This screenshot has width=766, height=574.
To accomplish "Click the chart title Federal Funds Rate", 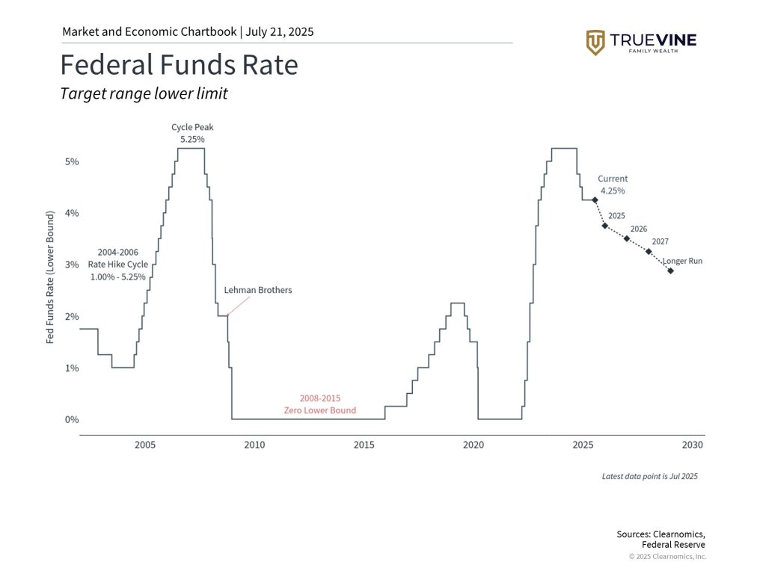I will click(x=179, y=65).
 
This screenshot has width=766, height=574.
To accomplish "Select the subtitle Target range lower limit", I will click(x=144, y=94).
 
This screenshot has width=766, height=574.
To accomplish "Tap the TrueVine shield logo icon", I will click(x=595, y=43).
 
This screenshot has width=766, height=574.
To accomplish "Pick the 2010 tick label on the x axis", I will click(x=254, y=445).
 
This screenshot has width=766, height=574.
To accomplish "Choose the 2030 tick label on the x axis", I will click(x=693, y=445).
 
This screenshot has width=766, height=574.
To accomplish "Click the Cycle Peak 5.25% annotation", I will click(x=192, y=133).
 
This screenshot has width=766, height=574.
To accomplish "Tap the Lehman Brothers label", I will click(x=258, y=290).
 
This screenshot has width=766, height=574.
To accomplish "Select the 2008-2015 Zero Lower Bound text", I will click(x=319, y=404).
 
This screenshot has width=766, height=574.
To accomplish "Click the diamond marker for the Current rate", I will click(x=595, y=200).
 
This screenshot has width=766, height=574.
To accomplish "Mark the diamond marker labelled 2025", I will click(x=604, y=226).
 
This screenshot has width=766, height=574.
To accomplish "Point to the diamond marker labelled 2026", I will click(x=627, y=238).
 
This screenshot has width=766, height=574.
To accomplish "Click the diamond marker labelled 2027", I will click(x=649, y=251).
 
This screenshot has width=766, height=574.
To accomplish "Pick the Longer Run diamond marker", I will click(x=670, y=271).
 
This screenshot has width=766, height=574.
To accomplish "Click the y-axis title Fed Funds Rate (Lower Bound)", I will click(x=50, y=277).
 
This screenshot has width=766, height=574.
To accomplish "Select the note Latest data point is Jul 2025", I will click(x=649, y=476).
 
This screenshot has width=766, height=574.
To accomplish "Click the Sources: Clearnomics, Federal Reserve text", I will click(x=661, y=539).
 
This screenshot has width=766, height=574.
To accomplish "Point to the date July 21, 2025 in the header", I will click(x=280, y=32).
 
